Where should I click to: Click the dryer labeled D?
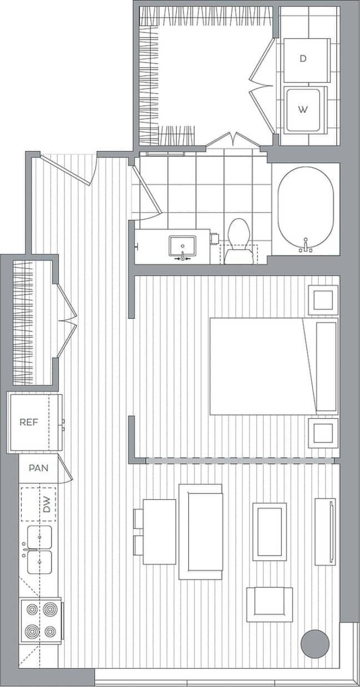303,59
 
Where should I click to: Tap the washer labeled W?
303,109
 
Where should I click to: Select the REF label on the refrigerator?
29,422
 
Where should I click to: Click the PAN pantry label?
38,468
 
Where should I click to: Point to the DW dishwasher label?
47,505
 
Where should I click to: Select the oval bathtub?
306,208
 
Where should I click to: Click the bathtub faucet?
306,245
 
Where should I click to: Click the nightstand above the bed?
323,300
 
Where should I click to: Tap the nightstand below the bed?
323,433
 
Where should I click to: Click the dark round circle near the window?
315,644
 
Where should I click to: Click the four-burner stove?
41,620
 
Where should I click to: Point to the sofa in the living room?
201,531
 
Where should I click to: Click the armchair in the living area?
269,604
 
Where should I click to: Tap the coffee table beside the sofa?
269,531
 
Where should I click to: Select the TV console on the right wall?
325,531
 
